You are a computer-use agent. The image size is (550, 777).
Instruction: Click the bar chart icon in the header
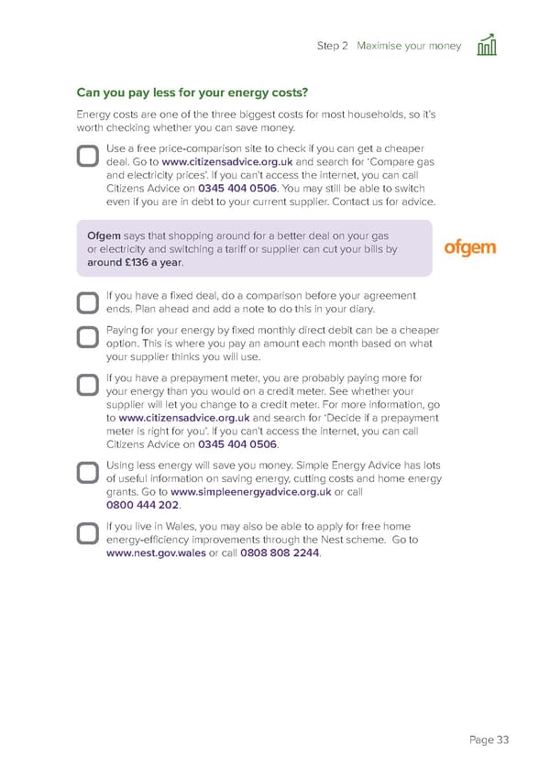click(487, 45)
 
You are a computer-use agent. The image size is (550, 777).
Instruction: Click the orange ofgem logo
click(469, 247)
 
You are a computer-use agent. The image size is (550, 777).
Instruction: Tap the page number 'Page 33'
click(489, 739)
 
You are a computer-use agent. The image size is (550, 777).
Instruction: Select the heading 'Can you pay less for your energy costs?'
click(192, 93)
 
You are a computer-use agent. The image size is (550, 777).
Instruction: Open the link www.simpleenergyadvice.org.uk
click(251, 492)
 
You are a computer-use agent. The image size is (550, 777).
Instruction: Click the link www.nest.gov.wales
click(156, 553)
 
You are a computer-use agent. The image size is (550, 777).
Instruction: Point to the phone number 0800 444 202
click(142, 505)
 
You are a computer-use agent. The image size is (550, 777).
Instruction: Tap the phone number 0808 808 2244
click(280, 553)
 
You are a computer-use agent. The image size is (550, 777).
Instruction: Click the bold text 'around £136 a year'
click(135, 263)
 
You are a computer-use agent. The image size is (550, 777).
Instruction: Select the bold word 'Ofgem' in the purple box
click(104, 235)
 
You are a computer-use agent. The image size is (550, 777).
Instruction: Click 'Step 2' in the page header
click(332, 46)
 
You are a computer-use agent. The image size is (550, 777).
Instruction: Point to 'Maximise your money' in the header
click(409, 46)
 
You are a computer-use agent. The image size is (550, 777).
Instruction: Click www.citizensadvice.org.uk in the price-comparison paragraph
click(227, 162)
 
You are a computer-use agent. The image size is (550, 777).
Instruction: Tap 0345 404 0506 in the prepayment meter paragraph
click(237, 444)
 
